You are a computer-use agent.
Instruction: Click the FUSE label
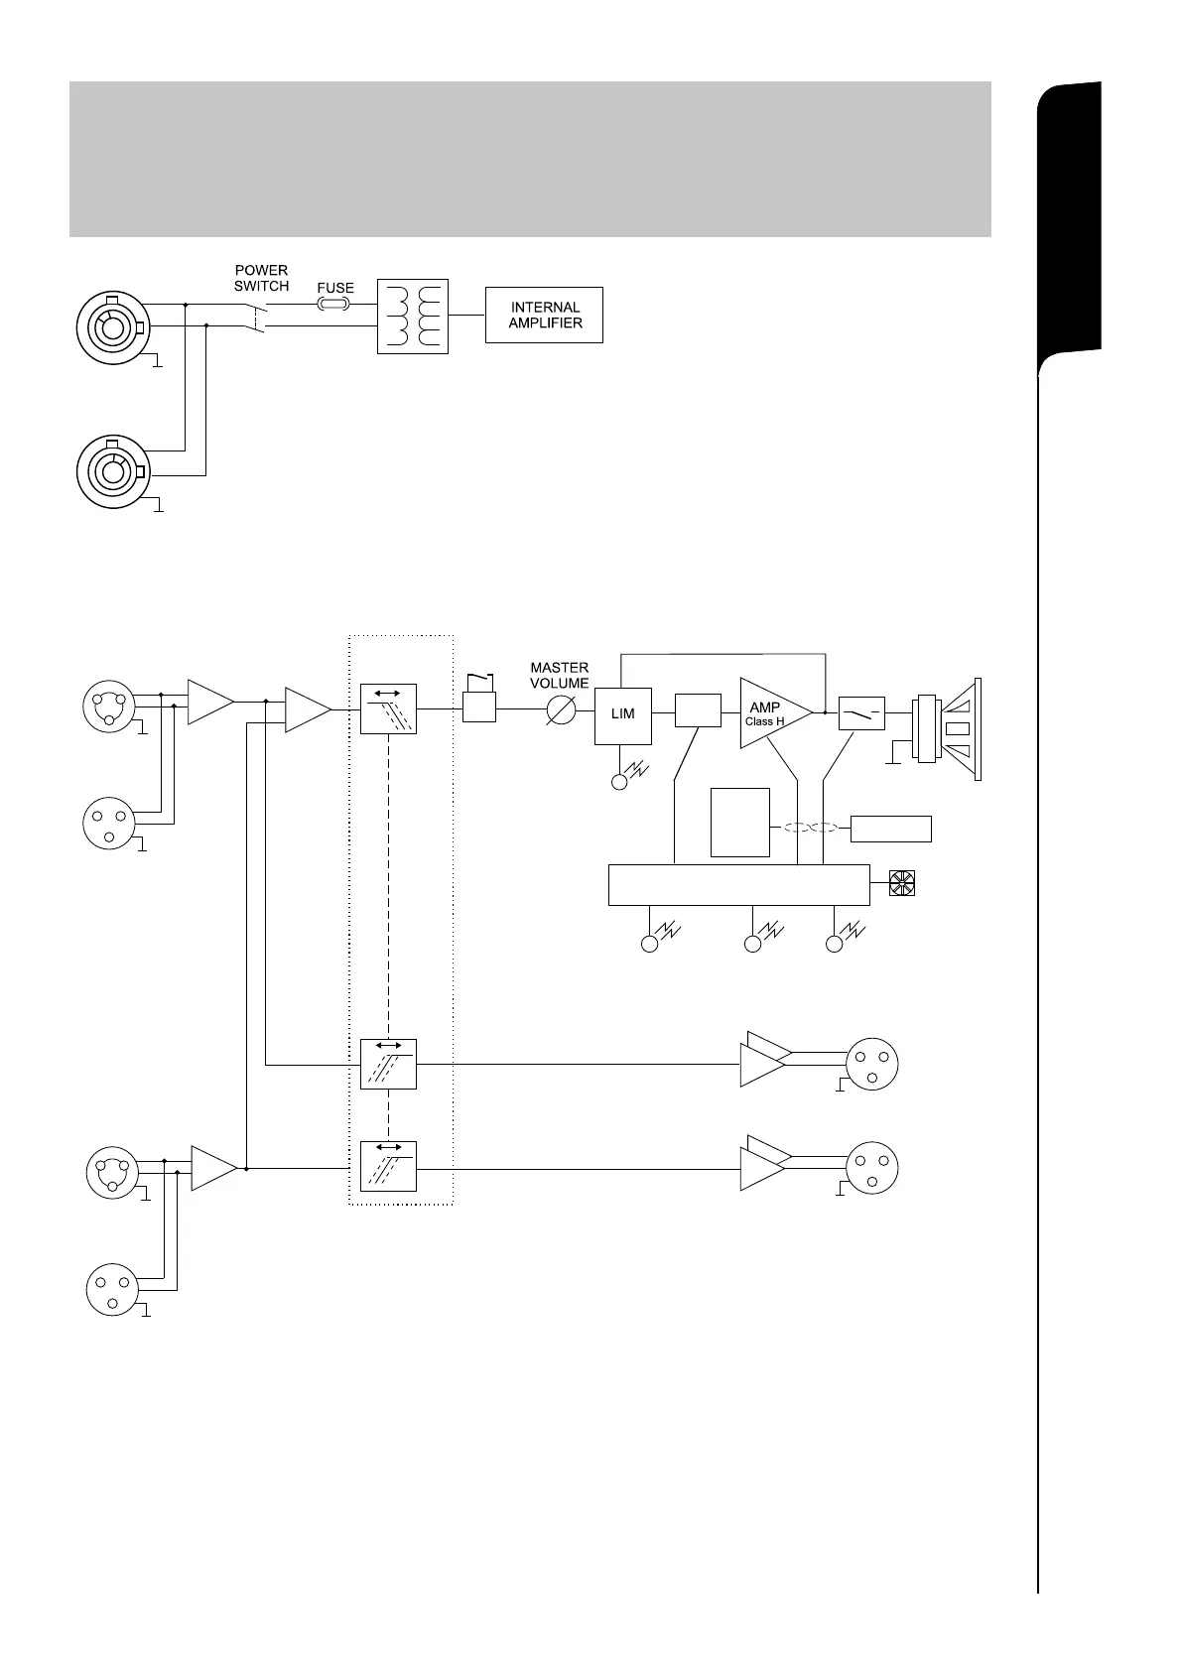pos(335,288)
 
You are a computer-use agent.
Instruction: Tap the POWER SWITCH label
pos(261,278)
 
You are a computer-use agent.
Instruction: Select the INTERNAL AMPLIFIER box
pos(544,316)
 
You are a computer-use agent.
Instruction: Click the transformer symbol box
pos(413,316)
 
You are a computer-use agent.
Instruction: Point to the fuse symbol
pos(334,305)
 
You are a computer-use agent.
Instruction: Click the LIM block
pos(623,714)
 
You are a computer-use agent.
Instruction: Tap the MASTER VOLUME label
pos(560,675)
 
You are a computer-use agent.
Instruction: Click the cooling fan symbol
pos(901,882)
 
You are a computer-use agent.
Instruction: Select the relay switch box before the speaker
pos(860,713)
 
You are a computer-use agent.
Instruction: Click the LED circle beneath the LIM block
pos(620,782)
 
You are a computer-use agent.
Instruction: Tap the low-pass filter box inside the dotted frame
pos(388,709)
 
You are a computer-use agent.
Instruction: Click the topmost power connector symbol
pos(110,323)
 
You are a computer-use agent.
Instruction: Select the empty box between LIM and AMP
pos(698,711)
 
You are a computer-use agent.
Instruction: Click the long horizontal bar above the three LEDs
pos(738,884)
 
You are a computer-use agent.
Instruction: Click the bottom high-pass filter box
pos(388,1167)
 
